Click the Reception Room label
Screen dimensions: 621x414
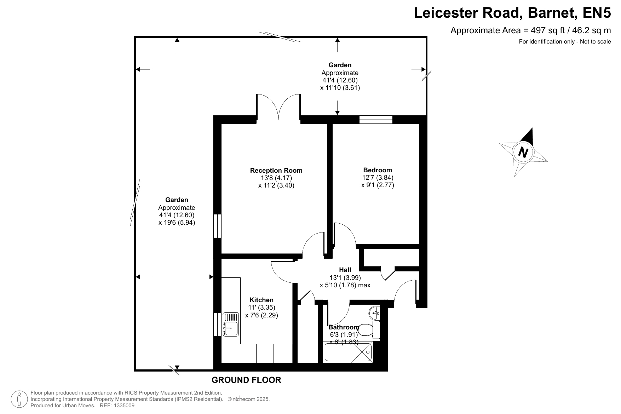(276, 171)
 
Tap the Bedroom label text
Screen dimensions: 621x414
(378, 170)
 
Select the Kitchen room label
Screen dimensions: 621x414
(261, 300)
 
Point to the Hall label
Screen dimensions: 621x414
(345, 270)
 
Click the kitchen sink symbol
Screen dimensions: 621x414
(231, 324)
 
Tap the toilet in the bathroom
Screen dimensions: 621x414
(369, 330)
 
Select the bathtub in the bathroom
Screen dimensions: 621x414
(349, 352)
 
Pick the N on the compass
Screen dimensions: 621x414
(523, 153)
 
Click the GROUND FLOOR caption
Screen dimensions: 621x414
(246, 380)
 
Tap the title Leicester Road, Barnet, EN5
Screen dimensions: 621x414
(512, 13)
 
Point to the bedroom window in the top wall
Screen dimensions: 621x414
(376, 120)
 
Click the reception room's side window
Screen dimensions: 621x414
(217, 226)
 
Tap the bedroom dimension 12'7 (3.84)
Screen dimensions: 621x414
(378, 178)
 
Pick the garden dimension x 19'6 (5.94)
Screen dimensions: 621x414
(177, 223)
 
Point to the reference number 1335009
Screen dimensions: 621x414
(122, 406)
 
